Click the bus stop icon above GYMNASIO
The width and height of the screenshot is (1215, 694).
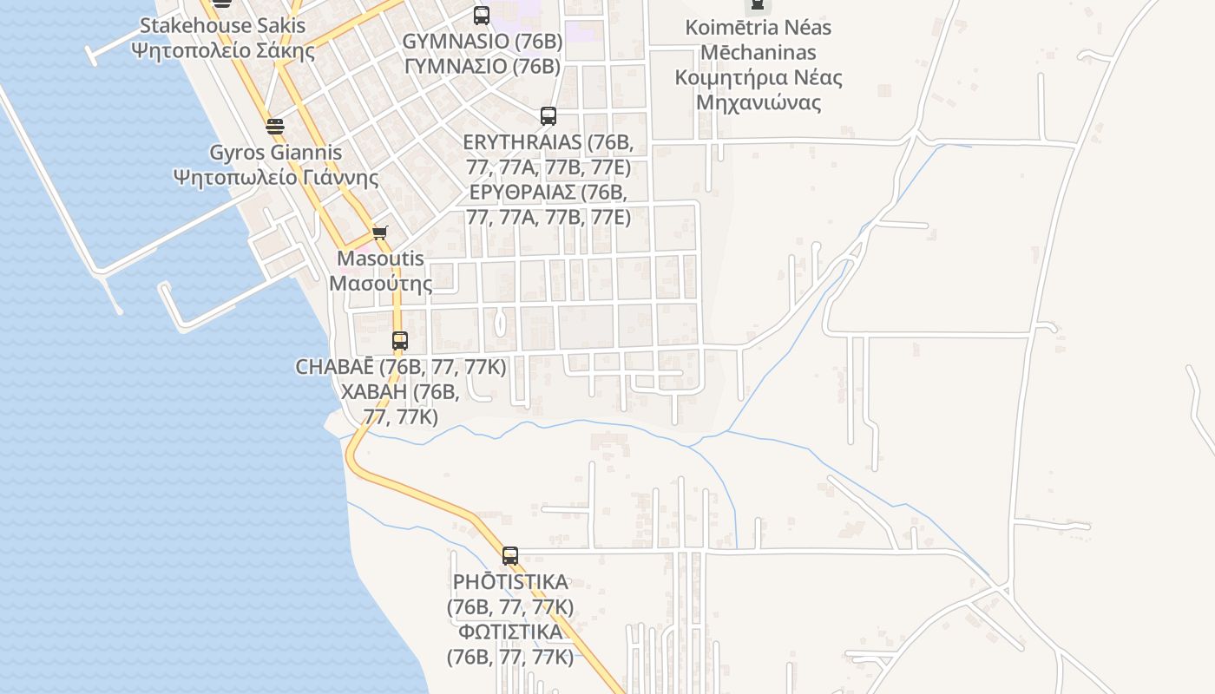click(482, 15)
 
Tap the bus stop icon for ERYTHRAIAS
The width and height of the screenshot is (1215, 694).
click(548, 116)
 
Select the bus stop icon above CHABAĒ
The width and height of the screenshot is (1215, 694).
click(399, 341)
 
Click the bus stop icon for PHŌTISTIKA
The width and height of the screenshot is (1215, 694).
click(510, 556)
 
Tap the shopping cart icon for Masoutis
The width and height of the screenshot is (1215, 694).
click(379, 232)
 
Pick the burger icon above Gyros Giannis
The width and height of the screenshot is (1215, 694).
click(275, 127)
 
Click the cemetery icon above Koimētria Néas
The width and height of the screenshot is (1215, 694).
click(758, 5)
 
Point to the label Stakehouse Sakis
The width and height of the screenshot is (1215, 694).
click(223, 26)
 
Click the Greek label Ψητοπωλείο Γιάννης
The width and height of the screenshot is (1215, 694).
click(276, 178)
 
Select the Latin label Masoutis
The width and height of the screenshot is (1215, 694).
click(380, 259)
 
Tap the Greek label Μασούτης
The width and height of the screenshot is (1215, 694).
click(380, 283)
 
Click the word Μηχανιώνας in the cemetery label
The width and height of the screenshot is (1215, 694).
click(758, 103)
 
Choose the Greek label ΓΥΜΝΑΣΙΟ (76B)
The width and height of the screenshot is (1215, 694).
click(482, 66)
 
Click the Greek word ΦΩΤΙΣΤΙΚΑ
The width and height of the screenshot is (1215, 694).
click(510, 632)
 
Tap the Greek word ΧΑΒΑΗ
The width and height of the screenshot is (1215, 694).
click(374, 392)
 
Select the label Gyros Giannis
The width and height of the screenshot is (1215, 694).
click(276, 153)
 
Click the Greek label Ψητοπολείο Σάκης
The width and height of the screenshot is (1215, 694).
click(223, 49)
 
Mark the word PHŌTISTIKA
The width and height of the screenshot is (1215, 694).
click(510, 582)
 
